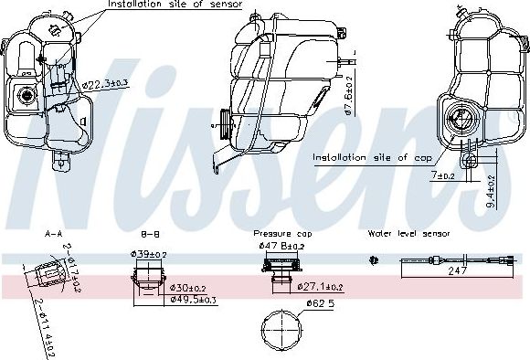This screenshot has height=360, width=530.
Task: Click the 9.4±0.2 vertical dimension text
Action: pyautogui.click(x=492, y=193)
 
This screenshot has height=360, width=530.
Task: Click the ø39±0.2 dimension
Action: pyautogui.click(x=148, y=254)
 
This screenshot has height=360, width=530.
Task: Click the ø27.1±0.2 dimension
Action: pyautogui.click(x=324, y=286)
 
